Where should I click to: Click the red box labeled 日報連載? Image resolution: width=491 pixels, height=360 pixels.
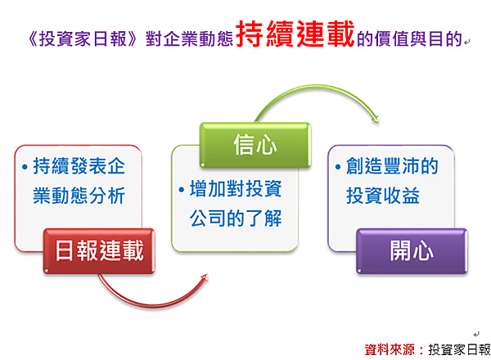click(99, 251)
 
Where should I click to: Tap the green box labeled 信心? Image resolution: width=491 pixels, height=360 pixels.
click(255, 145)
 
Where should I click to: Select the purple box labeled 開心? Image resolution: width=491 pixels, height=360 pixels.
click(412, 251)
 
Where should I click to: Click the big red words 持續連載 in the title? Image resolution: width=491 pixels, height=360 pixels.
click(295, 34)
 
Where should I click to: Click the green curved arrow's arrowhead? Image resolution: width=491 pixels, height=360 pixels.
click(375, 118)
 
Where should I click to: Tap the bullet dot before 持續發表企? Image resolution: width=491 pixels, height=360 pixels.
click(25, 167)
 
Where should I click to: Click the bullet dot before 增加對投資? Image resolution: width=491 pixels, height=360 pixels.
click(182, 189)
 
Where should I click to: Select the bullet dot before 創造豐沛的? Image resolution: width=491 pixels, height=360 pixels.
click(338, 167)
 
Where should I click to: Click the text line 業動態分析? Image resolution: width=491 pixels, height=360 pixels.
click(79, 196)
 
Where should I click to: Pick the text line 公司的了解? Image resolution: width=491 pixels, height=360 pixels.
click(236, 218)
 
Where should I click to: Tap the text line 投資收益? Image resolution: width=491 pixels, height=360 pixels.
click(383, 196)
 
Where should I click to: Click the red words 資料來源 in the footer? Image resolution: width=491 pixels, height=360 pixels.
click(390, 349)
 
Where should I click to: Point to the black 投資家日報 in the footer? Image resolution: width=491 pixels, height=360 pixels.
click(459, 349)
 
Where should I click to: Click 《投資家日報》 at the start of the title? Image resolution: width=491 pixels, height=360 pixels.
click(83, 38)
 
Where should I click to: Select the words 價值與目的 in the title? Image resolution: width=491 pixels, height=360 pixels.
click(410, 38)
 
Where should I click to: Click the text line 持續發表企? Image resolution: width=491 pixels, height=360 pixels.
click(79, 166)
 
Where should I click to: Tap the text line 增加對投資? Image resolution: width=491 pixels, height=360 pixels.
click(236, 188)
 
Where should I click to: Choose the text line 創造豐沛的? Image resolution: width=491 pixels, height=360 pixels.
click(392, 166)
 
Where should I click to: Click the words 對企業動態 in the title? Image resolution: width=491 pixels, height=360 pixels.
click(190, 38)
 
